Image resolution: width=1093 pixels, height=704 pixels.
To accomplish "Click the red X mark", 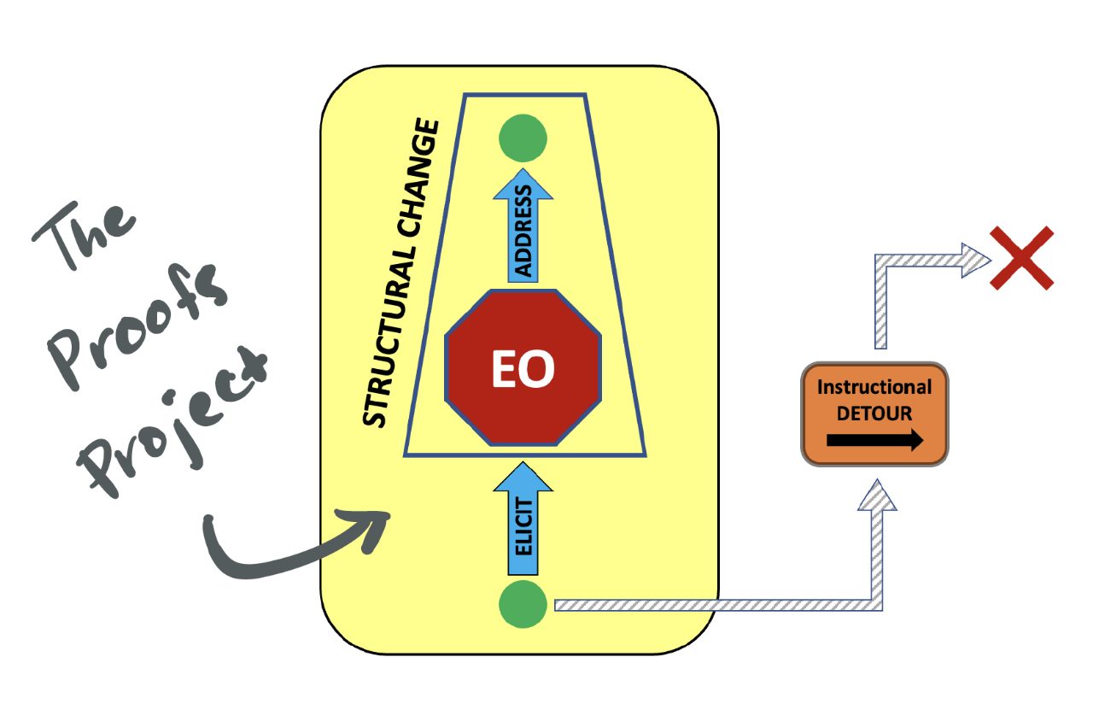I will pyautogui.click(x=1022, y=258).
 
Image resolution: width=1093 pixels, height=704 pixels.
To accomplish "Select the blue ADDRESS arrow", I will pyautogui.click(x=523, y=231).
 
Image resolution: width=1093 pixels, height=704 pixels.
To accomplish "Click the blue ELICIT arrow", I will pyautogui.click(x=523, y=521).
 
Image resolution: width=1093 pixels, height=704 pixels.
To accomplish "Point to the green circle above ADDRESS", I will pyautogui.click(x=523, y=138).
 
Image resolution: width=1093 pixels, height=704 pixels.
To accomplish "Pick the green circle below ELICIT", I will pyautogui.click(x=523, y=605).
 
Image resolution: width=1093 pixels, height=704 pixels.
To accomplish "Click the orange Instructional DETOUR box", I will pyautogui.click(x=874, y=414).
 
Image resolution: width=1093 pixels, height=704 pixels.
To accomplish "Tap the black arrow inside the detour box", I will pyautogui.click(x=874, y=441).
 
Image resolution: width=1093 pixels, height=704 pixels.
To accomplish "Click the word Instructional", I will pyautogui.click(x=874, y=386).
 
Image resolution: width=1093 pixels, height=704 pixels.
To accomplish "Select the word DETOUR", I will pyautogui.click(x=874, y=414).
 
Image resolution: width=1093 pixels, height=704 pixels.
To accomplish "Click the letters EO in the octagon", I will pyautogui.click(x=523, y=368).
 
